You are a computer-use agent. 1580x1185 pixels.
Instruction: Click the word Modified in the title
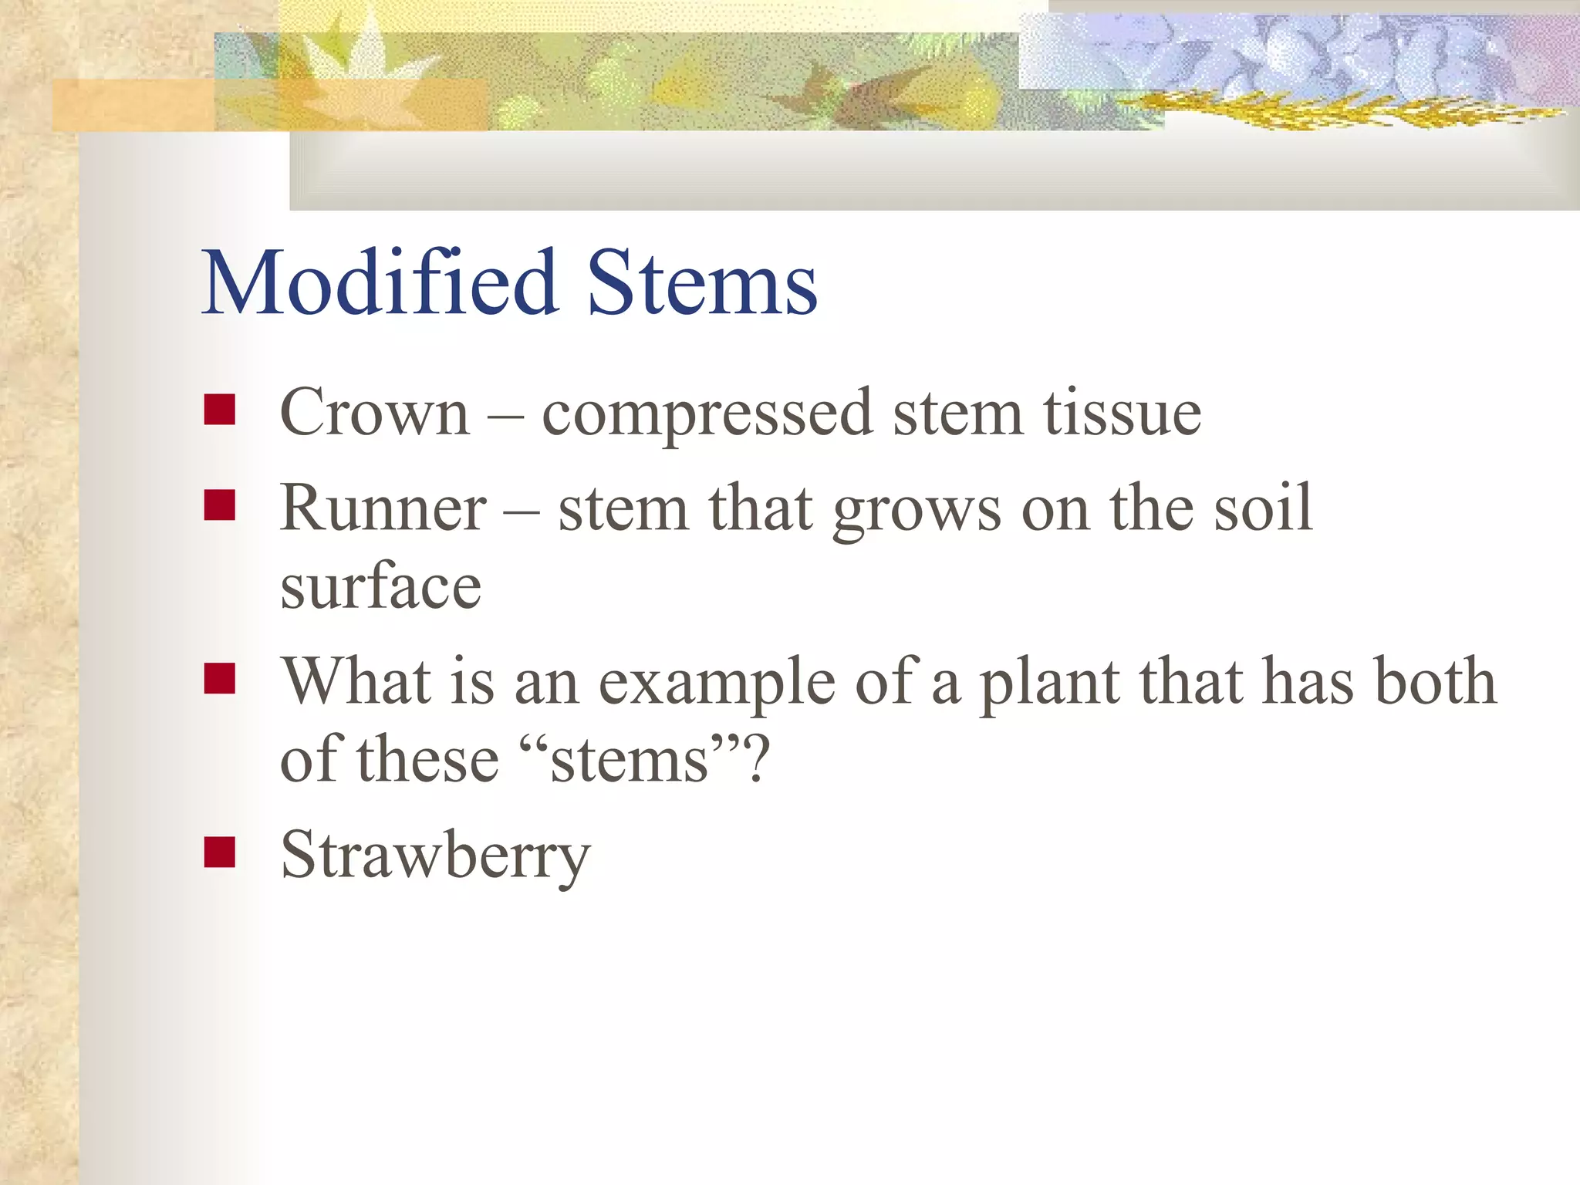point(380,283)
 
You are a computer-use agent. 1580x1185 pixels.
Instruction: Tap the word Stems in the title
point(702,283)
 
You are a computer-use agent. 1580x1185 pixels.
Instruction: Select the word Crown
point(375,414)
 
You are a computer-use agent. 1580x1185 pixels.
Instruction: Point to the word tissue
point(1123,414)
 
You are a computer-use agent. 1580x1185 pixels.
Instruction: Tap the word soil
point(1263,508)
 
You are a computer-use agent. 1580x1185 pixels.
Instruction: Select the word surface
point(381,586)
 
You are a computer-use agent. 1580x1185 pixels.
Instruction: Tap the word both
point(1434,681)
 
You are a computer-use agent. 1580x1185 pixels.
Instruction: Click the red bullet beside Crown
point(220,410)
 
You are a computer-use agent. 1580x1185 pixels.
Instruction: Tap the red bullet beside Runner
point(220,506)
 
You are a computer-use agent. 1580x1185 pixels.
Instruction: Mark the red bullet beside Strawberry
point(220,852)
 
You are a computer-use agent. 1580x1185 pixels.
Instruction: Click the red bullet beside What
point(220,679)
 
